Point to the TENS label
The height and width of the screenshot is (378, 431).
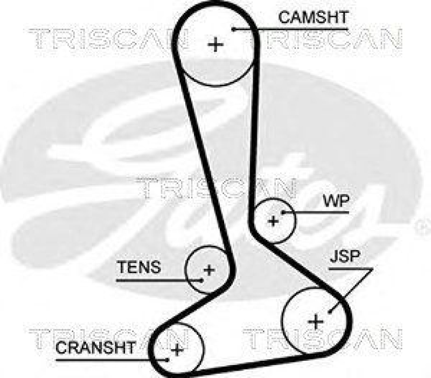pyautogui.click(x=139, y=267)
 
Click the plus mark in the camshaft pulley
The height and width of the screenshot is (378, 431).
pyautogui.click(x=215, y=44)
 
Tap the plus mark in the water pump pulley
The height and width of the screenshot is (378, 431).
pyautogui.click(x=273, y=220)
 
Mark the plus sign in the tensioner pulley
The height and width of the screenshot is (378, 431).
pyautogui.click(x=208, y=270)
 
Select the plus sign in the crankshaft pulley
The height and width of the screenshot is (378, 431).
pyautogui.click(x=177, y=350)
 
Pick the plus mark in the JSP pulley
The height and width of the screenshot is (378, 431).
pyautogui.click(x=316, y=322)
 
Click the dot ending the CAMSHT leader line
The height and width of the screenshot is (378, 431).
pyautogui.click(x=235, y=28)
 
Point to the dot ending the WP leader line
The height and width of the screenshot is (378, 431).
pyautogui.click(x=281, y=212)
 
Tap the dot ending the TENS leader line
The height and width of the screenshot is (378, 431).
pyautogui.click(x=201, y=280)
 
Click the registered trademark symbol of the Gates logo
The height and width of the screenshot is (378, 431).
pyautogui.click(x=421, y=228)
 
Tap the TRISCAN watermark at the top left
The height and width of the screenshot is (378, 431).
pyautogui.click(x=108, y=38)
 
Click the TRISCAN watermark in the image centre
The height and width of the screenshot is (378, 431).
pyautogui.click(x=215, y=187)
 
